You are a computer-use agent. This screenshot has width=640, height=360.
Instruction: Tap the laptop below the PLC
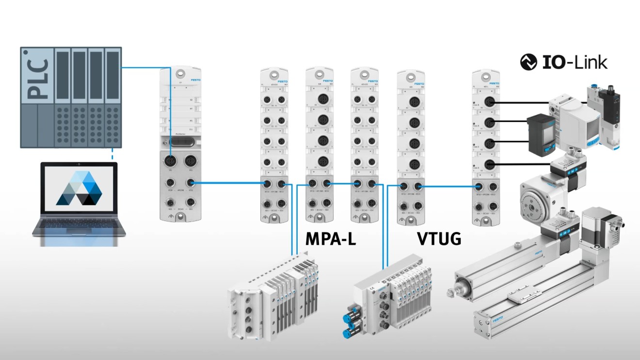[79, 203]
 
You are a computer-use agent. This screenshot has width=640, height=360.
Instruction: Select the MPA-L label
[331, 238]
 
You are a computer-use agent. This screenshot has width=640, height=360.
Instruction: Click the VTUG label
[439, 238]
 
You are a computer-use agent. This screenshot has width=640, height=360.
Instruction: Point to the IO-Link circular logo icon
[528, 63]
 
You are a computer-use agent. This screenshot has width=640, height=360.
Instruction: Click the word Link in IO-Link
[590, 63]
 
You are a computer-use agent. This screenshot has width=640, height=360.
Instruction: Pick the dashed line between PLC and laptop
[112, 154]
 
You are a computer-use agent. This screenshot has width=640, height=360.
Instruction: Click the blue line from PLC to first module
[145, 68]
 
